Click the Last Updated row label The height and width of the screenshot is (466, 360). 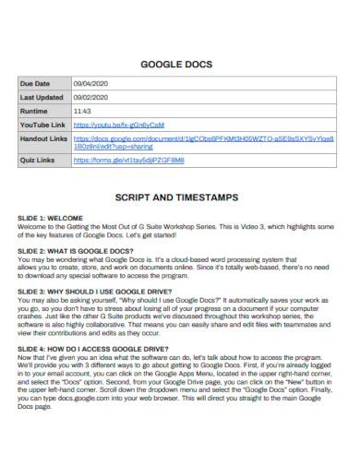click(42, 97)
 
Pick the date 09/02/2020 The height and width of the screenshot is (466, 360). click(90, 97)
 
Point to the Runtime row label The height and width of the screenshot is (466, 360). click(34, 110)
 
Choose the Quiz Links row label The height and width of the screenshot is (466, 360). click(38, 159)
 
